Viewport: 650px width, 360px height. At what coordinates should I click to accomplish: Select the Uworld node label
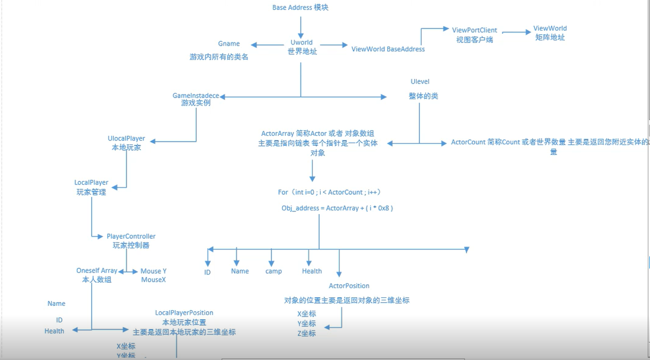pyautogui.click(x=301, y=42)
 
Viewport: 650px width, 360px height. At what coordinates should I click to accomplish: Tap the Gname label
pyautogui.click(x=229, y=43)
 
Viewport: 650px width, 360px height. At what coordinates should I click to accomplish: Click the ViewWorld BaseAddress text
pyautogui.click(x=388, y=49)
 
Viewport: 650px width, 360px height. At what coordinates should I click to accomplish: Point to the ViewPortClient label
pyautogui.click(x=474, y=30)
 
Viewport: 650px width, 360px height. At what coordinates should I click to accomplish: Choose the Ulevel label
pyautogui.click(x=420, y=82)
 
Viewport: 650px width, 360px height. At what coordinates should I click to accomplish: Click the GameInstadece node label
pyautogui.click(x=196, y=95)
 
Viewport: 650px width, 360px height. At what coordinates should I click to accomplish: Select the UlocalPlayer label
pyautogui.click(x=127, y=138)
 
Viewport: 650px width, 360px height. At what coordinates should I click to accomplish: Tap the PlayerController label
pyautogui.click(x=131, y=236)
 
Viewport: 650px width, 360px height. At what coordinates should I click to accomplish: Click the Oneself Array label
pyautogui.click(x=97, y=270)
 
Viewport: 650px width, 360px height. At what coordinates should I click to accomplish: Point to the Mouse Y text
pyautogui.click(x=153, y=271)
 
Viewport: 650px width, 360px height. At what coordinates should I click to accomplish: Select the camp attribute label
pyautogui.click(x=274, y=271)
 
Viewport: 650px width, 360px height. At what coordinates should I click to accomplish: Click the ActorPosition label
pyautogui.click(x=349, y=285)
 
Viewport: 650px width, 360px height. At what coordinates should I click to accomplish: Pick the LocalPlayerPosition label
pyautogui.click(x=184, y=313)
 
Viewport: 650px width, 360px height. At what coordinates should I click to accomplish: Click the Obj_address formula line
pyautogui.click(x=337, y=208)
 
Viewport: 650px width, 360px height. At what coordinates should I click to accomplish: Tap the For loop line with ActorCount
pyautogui.click(x=329, y=192)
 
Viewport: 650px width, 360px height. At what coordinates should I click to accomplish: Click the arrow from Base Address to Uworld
pyautogui.click(x=300, y=27)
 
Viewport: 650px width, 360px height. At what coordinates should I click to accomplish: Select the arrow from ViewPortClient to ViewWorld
pyautogui.click(x=516, y=32)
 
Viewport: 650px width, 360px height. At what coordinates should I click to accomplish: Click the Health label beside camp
pyautogui.click(x=312, y=271)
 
